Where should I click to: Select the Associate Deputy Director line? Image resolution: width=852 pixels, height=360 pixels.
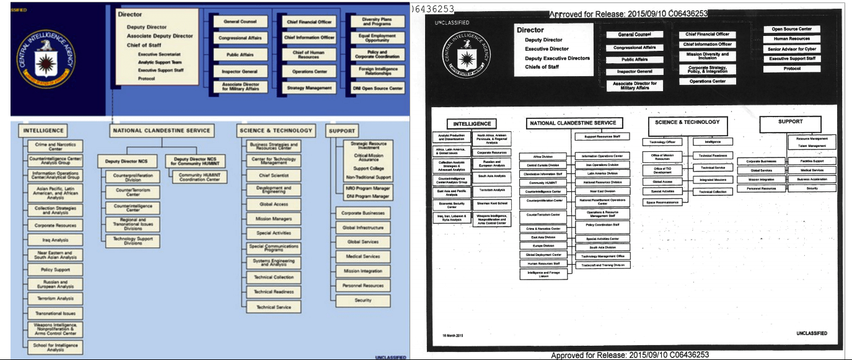(160, 36)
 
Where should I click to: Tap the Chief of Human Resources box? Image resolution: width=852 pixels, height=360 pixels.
(309, 55)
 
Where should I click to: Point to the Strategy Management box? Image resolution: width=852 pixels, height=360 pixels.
(309, 88)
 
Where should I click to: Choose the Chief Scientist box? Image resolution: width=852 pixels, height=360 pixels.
(273, 175)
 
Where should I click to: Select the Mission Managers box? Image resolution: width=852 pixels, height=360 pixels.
(273, 219)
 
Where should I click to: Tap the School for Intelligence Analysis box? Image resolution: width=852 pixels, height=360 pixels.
(55, 347)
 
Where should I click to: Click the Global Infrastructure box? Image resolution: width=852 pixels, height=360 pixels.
(362, 227)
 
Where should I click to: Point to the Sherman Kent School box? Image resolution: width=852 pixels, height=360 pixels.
(491, 203)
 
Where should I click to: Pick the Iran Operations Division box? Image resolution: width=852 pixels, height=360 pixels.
(602, 165)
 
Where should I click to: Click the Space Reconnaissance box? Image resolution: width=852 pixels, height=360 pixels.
(662, 202)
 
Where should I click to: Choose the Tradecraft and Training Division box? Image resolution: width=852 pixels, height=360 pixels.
(602, 265)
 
